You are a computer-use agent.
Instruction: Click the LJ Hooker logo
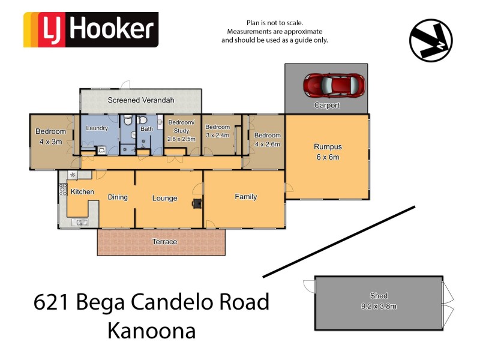click(91, 29)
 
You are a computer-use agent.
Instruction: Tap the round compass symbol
click(431, 40)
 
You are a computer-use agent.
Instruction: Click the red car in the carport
click(334, 85)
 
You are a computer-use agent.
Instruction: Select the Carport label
click(327, 106)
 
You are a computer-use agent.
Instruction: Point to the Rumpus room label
click(328, 147)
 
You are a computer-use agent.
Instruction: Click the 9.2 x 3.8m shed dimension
click(379, 306)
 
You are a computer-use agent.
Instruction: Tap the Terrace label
click(164, 242)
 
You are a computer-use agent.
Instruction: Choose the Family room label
click(246, 197)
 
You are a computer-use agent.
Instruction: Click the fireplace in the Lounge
click(196, 203)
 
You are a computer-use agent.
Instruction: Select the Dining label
click(118, 197)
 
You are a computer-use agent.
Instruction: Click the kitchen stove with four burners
click(62, 190)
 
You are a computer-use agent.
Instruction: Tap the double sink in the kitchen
click(80, 223)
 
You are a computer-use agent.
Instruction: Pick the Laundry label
click(97, 128)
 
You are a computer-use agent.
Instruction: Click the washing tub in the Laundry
click(101, 150)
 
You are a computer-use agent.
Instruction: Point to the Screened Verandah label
click(141, 100)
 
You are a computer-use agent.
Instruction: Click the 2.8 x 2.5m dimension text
click(181, 139)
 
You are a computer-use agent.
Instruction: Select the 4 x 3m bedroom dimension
click(50, 142)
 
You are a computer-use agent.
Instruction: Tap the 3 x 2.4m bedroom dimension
click(218, 135)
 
